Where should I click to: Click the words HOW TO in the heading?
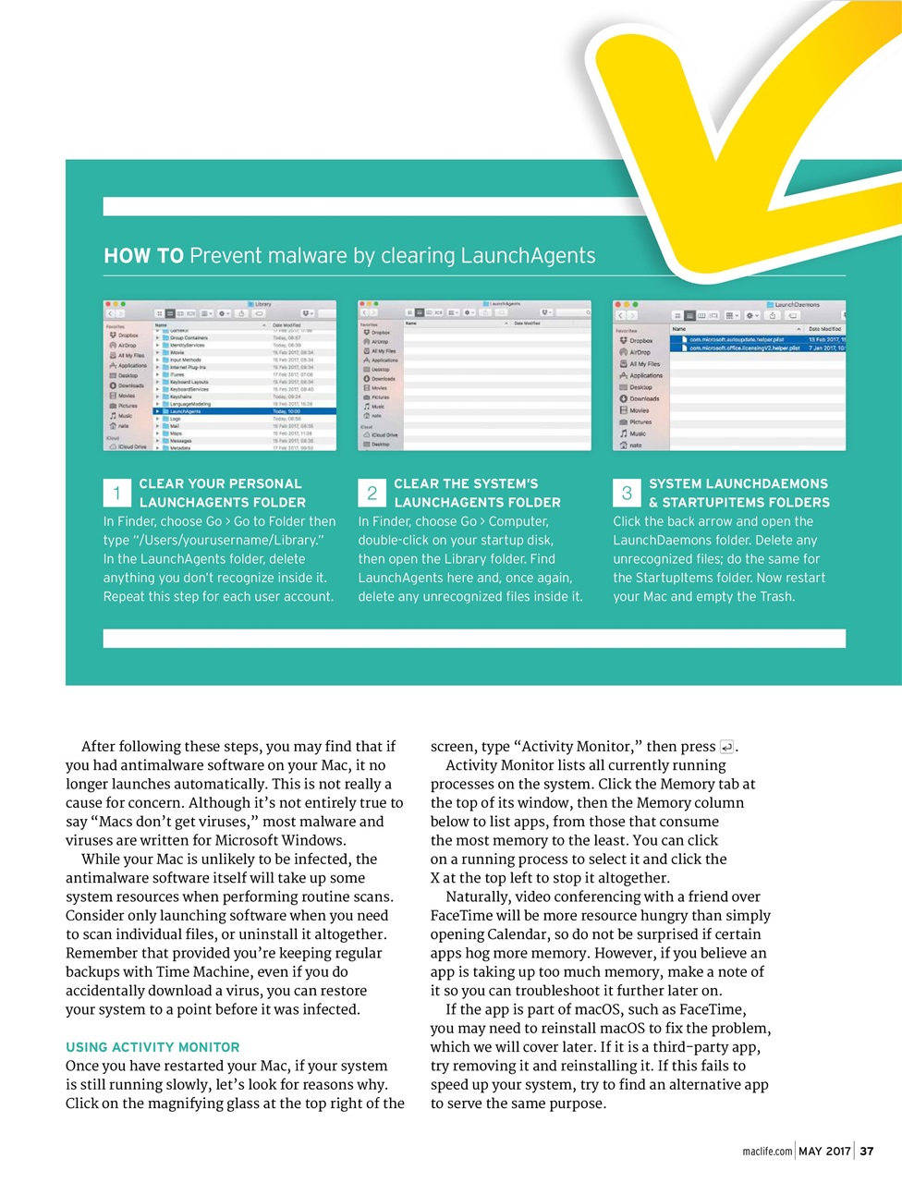pos(143,256)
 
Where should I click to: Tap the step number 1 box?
pos(116,493)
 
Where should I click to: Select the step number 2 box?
pos(372,493)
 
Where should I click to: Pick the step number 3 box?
pos(627,493)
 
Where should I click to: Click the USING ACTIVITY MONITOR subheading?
pos(152,1047)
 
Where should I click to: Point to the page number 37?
pos(867,1151)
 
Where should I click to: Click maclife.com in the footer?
pos(767,1152)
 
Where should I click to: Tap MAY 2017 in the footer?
pos(824,1151)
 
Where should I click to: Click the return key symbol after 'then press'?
pos(726,747)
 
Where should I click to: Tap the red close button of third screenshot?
pos(618,304)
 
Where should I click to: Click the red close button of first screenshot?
pos(108,304)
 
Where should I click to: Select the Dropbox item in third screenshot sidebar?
pos(640,341)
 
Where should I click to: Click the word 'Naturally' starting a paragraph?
pos(477,896)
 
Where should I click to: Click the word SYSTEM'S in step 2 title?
pos(506,483)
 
